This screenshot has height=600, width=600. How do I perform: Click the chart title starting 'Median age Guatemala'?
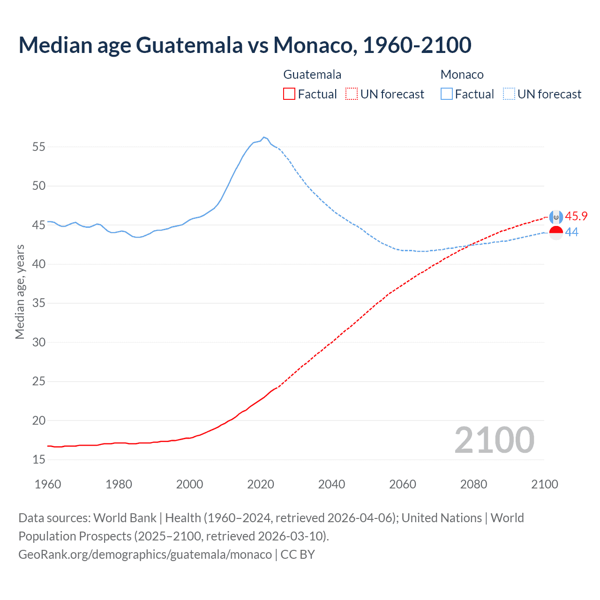coord(245,45)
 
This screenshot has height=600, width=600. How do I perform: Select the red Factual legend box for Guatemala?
coord(289,94)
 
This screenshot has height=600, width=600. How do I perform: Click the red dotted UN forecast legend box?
coord(352,94)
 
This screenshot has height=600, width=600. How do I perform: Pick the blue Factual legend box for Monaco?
coord(446,94)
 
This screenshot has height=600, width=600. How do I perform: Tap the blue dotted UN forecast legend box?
coord(509,94)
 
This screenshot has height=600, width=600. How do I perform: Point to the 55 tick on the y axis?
coord(39,147)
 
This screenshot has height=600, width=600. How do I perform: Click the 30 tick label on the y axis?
coord(39,343)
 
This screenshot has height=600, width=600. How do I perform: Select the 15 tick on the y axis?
coord(39,460)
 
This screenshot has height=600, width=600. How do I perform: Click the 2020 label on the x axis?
coord(261,484)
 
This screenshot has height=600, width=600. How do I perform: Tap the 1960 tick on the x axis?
coord(48,484)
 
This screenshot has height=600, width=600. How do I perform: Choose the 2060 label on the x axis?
coord(403,484)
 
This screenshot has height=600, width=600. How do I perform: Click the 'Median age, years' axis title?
coord(20,292)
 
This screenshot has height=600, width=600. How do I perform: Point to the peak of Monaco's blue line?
coord(264,137)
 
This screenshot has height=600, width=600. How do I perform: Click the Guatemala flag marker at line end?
coord(556,217)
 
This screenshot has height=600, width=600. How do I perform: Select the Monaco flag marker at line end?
coord(556,232)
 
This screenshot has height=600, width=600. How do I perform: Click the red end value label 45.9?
coord(576,216)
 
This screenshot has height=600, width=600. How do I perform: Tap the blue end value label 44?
coord(572,232)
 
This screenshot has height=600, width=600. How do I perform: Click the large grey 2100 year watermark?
coord(494,440)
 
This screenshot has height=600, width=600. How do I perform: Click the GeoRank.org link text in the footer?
coord(145,555)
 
